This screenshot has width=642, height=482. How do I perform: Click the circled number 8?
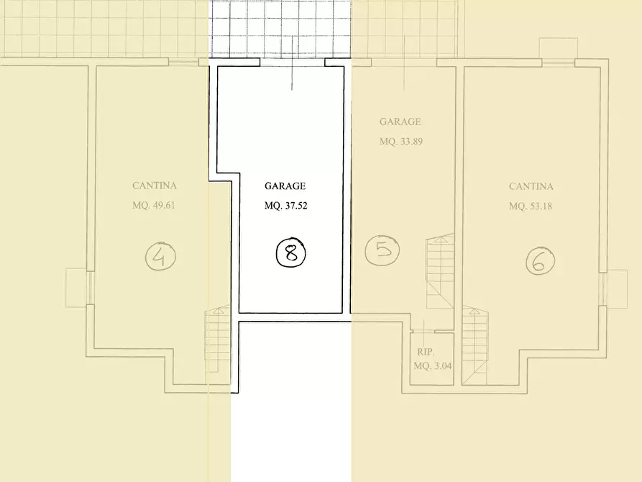pos(290,252)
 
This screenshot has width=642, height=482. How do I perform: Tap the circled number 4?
pos(160,256)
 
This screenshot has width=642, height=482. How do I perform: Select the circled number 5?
pos(382,250)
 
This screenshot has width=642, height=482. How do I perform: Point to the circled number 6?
pos(541,260)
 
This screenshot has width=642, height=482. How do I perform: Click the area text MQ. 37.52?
pos(286,206)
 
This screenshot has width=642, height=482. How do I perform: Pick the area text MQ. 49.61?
pos(154,205)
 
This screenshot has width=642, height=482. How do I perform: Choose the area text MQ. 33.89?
pos(401,142)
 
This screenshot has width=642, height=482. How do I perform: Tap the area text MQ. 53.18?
pos(531,206)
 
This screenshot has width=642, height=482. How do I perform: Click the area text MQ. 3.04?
pos(433,366)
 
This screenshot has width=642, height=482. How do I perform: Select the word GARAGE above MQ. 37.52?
pos(285,186)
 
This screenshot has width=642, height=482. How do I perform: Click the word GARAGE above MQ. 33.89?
pos(400,122)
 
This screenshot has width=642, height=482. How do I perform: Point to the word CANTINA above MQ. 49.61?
pos(155,186)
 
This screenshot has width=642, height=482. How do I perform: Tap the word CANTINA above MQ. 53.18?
pos(531,186)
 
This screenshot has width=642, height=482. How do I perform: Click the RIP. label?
pos(426,352)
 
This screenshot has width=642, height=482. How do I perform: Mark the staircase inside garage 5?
pos(440,271)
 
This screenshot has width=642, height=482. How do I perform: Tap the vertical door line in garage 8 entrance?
pos(292,63)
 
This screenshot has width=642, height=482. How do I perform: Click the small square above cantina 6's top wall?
pos(558,48)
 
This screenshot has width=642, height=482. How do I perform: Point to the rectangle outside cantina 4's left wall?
pos(76,288)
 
